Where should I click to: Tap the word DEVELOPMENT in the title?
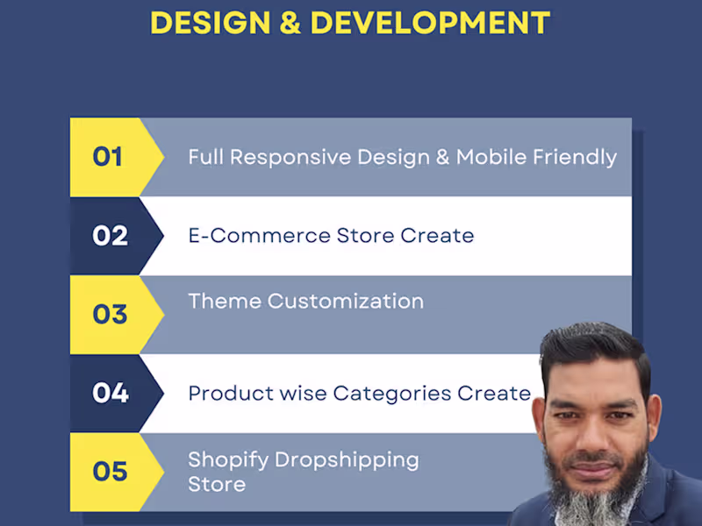coord(431,23)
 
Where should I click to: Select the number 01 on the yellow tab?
coord(107,157)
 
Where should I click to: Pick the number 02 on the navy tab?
coord(110,236)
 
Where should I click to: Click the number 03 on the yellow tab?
coord(110,314)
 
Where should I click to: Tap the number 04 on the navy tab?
coord(110,393)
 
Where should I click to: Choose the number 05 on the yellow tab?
coord(110,472)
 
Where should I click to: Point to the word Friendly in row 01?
coord(575,158)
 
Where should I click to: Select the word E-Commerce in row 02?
coord(260,236)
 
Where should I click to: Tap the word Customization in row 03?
coord(346,302)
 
